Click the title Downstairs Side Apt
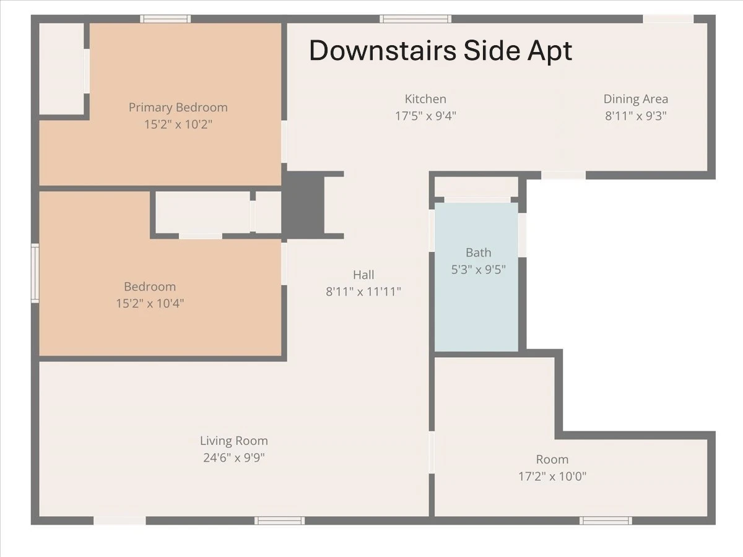tap(440, 51)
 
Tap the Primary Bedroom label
tap(178, 108)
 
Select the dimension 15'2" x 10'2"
tap(178, 124)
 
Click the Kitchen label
tap(425, 99)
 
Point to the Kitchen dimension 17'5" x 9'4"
tap(425, 116)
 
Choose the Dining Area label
tap(636, 99)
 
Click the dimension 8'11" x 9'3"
tap(636, 116)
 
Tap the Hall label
tap(363, 275)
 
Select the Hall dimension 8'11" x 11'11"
tap(363, 291)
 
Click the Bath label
tap(478, 253)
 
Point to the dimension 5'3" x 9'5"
tap(478, 270)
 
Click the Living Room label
tap(234, 441)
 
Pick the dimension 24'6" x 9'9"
tap(234, 457)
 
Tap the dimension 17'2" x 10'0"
tap(552, 477)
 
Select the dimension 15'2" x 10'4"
tap(150, 303)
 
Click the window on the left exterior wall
tap(35, 274)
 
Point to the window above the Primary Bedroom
tap(165, 19)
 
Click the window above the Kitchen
tap(415, 19)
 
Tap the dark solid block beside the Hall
tap(303, 205)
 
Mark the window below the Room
tap(606, 520)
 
